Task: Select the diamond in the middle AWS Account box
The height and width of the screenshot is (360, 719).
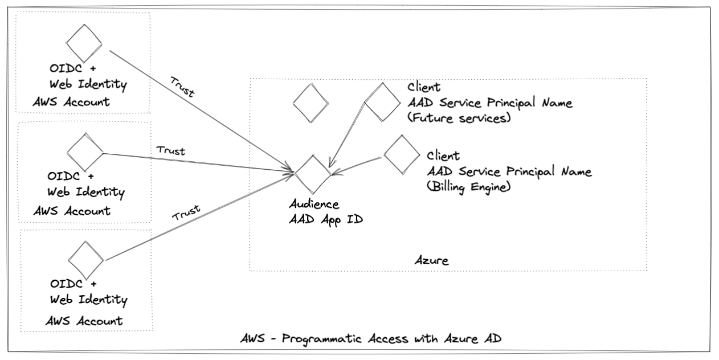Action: (x=85, y=152)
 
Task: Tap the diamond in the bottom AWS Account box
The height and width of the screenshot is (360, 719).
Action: (x=85, y=260)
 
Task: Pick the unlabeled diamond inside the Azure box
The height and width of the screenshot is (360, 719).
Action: (x=311, y=103)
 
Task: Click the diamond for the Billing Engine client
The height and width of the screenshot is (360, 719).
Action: (x=402, y=156)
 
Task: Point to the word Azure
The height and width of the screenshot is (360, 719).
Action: (x=431, y=261)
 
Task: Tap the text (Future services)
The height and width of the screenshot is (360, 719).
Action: (x=460, y=118)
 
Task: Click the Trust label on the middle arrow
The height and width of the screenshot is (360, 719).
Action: (x=171, y=151)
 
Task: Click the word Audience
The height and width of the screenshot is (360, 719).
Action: (x=314, y=204)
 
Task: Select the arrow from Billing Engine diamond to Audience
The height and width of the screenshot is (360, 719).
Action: (x=358, y=165)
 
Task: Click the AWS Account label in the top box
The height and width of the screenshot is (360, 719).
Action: (x=71, y=102)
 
